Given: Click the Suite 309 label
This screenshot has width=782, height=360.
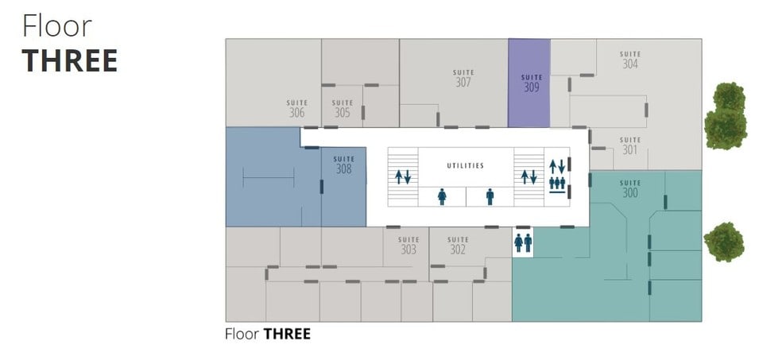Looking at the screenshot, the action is tap(532, 83).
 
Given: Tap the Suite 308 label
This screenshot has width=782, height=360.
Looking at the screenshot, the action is tap(343, 165).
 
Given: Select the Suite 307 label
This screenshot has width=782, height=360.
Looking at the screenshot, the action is tap(463, 79).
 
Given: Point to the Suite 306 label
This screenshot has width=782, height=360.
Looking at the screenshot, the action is tap(296, 109).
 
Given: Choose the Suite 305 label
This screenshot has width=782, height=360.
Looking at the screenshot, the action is tap(343, 109).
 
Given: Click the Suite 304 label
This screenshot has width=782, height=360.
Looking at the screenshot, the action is tap(630, 60).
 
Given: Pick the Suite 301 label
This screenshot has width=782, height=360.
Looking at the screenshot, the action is tap(630, 145).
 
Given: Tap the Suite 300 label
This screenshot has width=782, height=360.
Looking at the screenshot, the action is tap(630, 188).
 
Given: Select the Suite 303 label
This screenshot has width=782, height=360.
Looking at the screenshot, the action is tap(408, 246).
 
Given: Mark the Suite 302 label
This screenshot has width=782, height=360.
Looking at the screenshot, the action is tap(458, 246).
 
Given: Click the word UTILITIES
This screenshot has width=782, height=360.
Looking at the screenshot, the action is tap(466, 165).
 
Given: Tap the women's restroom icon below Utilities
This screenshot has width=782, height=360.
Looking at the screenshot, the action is tap(442, 196).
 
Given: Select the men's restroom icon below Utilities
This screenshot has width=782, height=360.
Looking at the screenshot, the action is tap(490, 196).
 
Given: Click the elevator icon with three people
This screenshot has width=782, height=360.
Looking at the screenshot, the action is tap(557, 184).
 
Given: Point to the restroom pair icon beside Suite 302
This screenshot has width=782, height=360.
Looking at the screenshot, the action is tap(523, 243).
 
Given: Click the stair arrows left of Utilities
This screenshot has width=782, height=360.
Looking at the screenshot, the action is tap(403, 176).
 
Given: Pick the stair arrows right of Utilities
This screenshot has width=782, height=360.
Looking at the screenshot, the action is tap(528, 176).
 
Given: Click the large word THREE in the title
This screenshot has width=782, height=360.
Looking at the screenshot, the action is tap(70, 61).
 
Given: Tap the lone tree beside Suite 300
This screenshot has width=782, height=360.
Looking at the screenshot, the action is tap(724, 242).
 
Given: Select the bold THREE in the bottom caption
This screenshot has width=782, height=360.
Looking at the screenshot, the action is tap(287, 334).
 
